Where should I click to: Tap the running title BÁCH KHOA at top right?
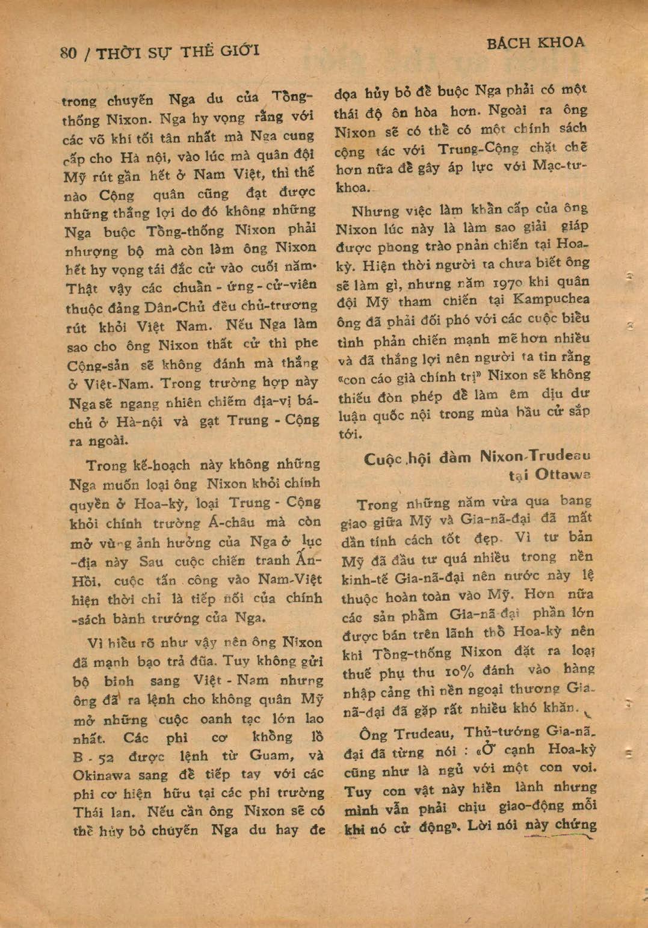click(x=535, y=43)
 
